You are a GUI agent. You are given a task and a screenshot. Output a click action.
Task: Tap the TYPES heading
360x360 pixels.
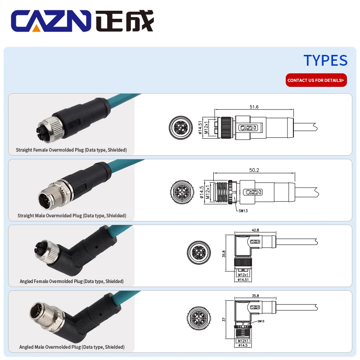tap(325, 60)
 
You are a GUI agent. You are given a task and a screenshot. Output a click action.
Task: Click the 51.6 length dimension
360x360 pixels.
tap(254, 107)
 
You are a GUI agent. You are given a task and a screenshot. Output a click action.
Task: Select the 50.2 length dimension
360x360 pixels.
tap(254, 171)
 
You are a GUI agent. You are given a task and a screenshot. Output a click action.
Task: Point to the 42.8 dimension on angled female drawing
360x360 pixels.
tap(256, 230)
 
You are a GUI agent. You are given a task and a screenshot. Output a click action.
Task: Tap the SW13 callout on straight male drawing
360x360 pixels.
tap(243, 210)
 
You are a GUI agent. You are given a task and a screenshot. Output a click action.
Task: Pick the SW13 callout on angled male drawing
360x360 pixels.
tap(261, 321)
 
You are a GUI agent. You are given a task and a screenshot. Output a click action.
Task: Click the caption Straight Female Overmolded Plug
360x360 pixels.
tap(71, 150)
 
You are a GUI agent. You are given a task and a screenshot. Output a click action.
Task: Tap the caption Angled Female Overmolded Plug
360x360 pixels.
tap(72, 281)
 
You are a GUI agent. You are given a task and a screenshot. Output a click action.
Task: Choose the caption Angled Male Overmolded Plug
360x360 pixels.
tap(72, 347)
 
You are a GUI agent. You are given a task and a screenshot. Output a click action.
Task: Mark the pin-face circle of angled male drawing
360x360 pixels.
tap(198, 319)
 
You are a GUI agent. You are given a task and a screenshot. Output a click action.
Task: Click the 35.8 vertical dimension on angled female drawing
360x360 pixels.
tap(224, 254)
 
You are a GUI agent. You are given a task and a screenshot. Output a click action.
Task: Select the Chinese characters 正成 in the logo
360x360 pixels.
tap(125, 21)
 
